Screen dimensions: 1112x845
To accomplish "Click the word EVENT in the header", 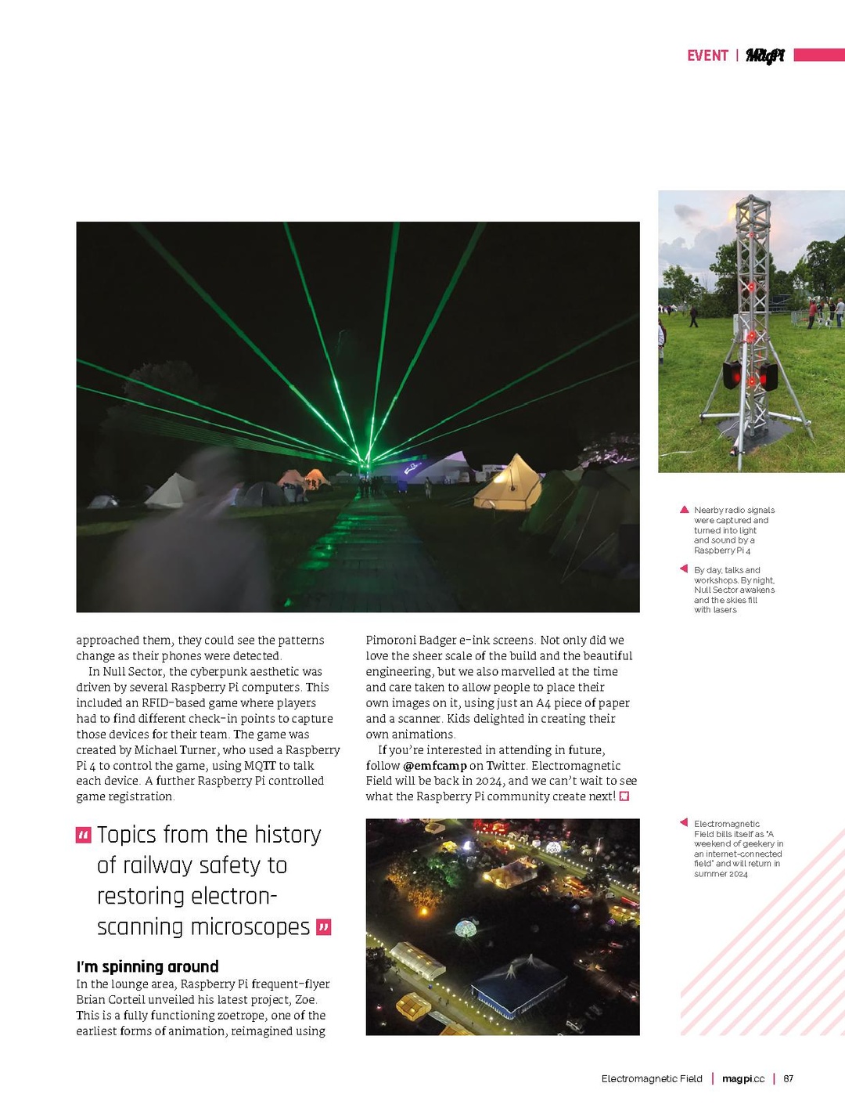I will [x=707, y=56].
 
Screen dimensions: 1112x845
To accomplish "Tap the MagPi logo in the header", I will [x=764, y=56].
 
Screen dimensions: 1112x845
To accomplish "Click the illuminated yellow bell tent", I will [x=509, y=485].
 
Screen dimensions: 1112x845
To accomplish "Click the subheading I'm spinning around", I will [x=147, y=966].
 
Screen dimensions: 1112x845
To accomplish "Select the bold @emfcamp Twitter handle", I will [x=435, y=765].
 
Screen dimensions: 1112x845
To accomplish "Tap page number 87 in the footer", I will [x=789, y=1079].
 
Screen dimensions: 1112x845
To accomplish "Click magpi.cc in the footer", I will [x=743, y=1079].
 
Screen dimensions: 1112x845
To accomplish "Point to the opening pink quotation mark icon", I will [x=84, y=835].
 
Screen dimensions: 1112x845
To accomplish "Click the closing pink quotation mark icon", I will [x=324, y=928].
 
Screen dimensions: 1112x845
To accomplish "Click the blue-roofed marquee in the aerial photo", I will [x=518, y=984].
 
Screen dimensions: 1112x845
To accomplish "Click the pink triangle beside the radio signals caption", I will [x=685, y=510].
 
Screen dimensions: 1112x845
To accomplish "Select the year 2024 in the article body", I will [x=488, y=781].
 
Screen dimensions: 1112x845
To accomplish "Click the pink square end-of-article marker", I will [x=624, y=796].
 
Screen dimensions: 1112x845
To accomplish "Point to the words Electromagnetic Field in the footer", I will [x=652, y=1079].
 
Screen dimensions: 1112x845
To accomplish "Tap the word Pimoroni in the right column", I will [x=392, y=640].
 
